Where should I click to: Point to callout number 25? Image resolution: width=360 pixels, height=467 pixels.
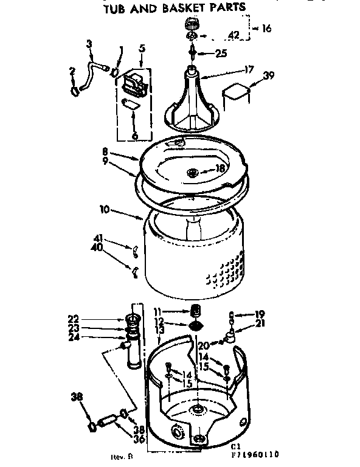tap(221, 54)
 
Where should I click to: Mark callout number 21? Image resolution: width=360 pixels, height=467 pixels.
tap(260, 323)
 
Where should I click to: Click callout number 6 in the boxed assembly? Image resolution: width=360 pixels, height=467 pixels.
tap(134, 136)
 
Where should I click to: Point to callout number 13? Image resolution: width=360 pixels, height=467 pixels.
tap(160, 331)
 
